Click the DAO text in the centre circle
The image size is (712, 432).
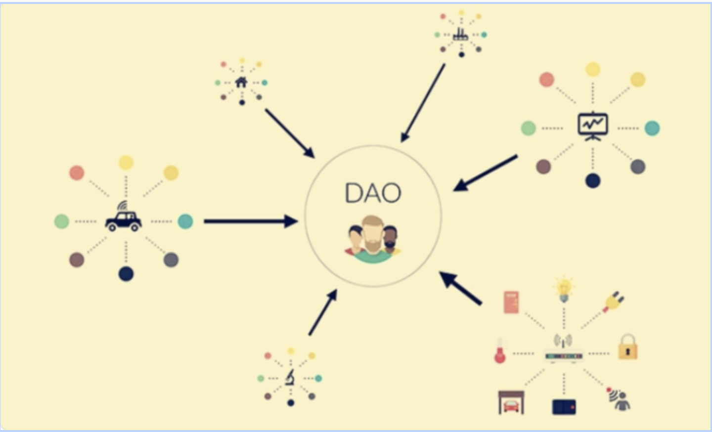[x=373, y=193]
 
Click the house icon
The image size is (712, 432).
[x=241, y=82]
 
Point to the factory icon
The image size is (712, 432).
[x=460, y=34]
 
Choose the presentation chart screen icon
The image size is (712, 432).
[x=592, y=127]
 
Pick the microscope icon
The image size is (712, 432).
[x=290, y=378]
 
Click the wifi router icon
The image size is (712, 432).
[x=564, y=352]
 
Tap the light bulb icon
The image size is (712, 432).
[x=564, y=289]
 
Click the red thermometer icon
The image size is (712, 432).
[x=500, y=351]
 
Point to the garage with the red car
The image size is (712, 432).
[x=511, y=403]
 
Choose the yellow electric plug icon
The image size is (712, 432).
[x=613, y=301]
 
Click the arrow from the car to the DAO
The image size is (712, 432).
[x=250, y=221]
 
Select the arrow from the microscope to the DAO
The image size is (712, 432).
[x=323, y=312]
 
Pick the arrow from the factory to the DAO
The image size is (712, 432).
[x=423, y=103]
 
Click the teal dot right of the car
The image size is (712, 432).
[x=185, y=221]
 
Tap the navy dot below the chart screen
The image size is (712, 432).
[x=592, y=180]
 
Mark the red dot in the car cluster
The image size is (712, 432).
[x=77, y=173]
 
